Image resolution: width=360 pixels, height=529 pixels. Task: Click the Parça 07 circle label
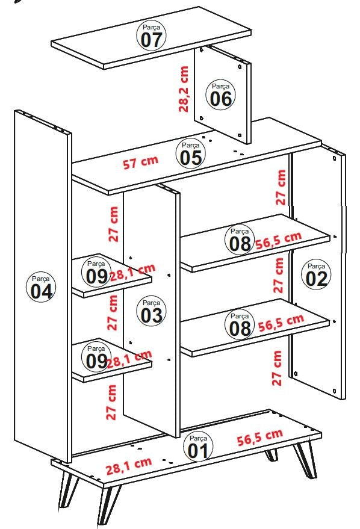tap(152, 36)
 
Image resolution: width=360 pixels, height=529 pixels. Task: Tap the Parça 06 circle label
tap(221, 94)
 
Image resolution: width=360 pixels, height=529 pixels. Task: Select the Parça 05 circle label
tap(191, 153)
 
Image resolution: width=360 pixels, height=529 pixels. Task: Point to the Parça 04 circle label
tap(42, 287)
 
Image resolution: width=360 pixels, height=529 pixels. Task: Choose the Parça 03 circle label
tap(152, 311)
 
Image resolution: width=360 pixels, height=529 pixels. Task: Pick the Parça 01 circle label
tap(198, 446)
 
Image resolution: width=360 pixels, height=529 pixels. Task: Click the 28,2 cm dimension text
tap(184, 89)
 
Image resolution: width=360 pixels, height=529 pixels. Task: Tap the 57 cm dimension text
tap(141, 162)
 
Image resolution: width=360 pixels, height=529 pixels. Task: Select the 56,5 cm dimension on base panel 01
tap(259, 438)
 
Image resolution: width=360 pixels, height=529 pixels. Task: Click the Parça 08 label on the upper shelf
tap(239, 238)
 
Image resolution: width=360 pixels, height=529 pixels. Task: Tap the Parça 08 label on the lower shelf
tap(239, 324)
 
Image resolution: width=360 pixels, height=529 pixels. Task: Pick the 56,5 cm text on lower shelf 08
tap(279, 323)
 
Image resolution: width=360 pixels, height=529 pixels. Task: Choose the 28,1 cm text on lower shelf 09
tap(129, 360)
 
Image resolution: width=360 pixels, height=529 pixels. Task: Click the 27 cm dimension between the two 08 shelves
tap(279, 275)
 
